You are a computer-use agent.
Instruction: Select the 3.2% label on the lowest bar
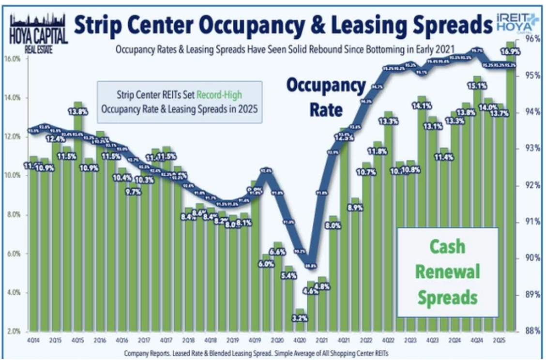[x=301, y=318]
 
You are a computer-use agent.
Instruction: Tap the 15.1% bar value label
[x=477, y=87]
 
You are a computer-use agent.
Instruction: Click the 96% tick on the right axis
[x=534, y=38]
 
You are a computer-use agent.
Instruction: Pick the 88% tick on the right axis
[x=534, y=331]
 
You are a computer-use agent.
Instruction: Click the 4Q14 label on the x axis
[x=33, y=341]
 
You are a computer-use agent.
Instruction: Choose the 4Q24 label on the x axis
[x=477, y=341]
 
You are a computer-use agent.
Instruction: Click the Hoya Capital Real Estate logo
[x=39, y=34]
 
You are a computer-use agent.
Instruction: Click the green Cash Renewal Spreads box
[x=448, y=272]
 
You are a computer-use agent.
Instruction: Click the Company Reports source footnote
[x=256, y=353]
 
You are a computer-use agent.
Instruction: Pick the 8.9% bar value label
[x=356, y=208]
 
